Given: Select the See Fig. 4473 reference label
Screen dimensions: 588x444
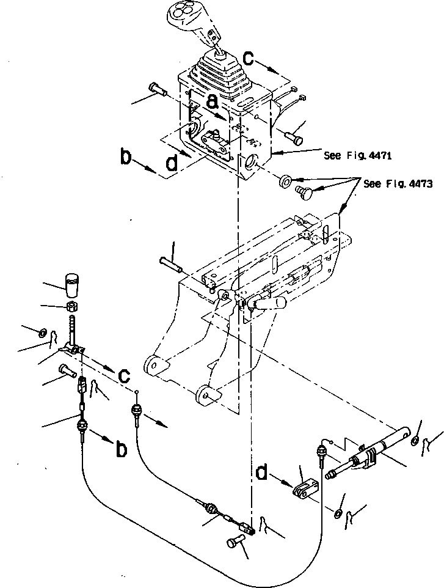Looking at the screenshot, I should tap(397, 184).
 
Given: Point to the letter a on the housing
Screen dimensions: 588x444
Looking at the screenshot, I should tap(212, 103).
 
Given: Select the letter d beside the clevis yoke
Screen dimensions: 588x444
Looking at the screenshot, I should tap(263, 474).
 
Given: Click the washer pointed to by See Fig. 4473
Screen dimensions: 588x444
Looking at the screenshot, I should tap(285, 182).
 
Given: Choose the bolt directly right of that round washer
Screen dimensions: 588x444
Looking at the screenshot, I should tap(304, 192).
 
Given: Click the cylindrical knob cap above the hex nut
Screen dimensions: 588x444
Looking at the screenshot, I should tap(72, 284).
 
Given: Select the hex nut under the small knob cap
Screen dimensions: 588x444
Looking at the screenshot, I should tap(71, 304).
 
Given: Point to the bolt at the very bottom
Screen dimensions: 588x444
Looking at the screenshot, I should tap(238, 542).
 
